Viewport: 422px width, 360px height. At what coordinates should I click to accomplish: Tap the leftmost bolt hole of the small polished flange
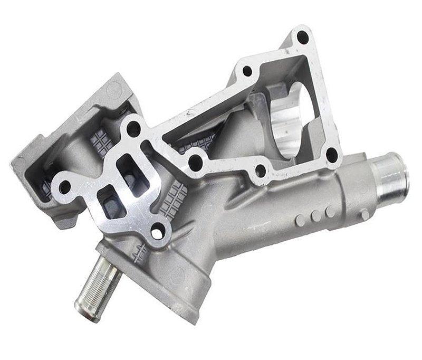coord(65,186)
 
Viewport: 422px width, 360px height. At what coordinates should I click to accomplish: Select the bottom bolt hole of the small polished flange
coord(156,231)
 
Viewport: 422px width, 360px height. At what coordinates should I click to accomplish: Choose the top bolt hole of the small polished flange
coord(134,127)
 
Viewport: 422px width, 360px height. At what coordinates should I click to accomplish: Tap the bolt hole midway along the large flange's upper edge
coord(246,70)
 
